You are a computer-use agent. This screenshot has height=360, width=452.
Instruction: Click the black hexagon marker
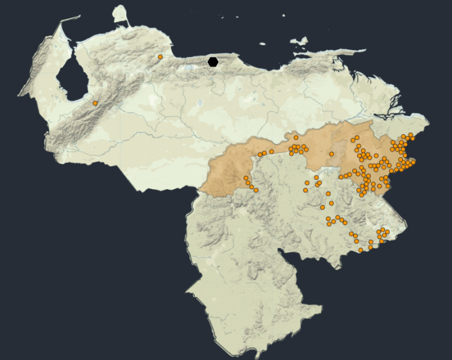click(213, 62)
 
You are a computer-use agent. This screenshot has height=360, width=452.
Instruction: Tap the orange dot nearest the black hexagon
click(160, 57)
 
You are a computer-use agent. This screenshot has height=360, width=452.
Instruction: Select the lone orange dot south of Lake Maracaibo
click(95, 103)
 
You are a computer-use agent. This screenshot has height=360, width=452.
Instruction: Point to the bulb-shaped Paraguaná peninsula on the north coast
click(120, 14)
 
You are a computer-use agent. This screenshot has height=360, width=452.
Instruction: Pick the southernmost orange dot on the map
click(360, 250)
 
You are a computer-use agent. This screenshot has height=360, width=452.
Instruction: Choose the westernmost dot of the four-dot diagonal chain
click(246, 177)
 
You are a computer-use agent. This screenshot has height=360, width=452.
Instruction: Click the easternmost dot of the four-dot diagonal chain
click(255, 190)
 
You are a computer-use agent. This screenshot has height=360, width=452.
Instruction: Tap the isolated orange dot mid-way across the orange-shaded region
click(331, 154)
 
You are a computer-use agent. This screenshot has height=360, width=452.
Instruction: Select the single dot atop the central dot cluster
click(296, 137)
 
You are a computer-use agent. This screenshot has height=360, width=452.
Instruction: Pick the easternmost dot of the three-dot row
click(272, 151)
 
